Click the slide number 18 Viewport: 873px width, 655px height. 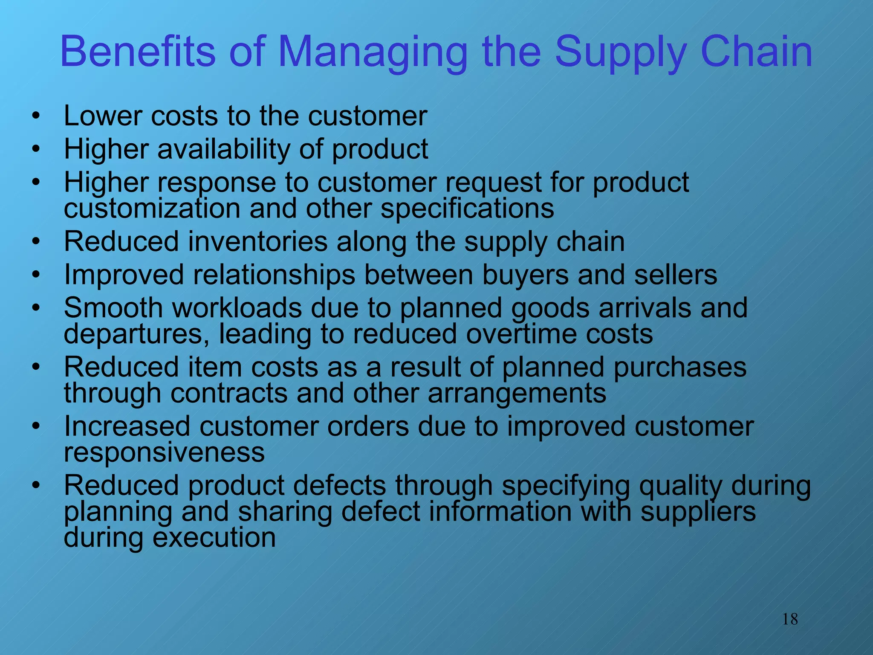tap(790, 619)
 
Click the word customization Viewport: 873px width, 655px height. tap(153, 209)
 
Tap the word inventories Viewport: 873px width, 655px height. tap(257, 241)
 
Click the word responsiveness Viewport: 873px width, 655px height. tap(164, 452)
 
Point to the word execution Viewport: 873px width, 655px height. tap(214, 538)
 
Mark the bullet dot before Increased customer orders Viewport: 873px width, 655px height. tap(36, 426)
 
